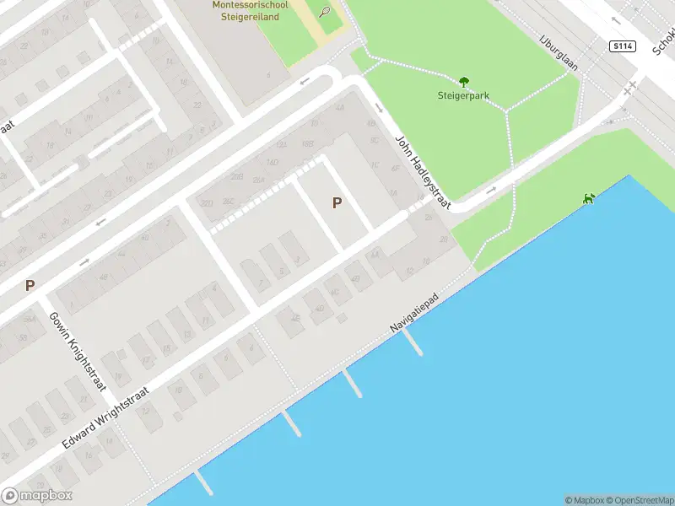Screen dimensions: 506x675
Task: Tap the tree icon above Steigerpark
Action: coord(463,82)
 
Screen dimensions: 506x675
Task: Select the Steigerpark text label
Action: coord(463,95)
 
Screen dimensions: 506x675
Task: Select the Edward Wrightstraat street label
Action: coord(105,417)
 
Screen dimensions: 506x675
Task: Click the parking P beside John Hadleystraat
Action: coord(337,203)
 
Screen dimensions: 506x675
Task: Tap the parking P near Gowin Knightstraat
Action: coord(30,286)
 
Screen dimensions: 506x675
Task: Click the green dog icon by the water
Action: coord(588,199)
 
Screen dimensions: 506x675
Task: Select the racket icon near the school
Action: coord(326,11)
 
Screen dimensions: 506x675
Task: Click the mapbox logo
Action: coord(37,496)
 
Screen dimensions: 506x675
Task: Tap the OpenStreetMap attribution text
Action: coord(638,500)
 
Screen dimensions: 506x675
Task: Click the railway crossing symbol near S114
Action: coord(629,89)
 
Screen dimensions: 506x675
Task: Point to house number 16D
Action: coord(273,162)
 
